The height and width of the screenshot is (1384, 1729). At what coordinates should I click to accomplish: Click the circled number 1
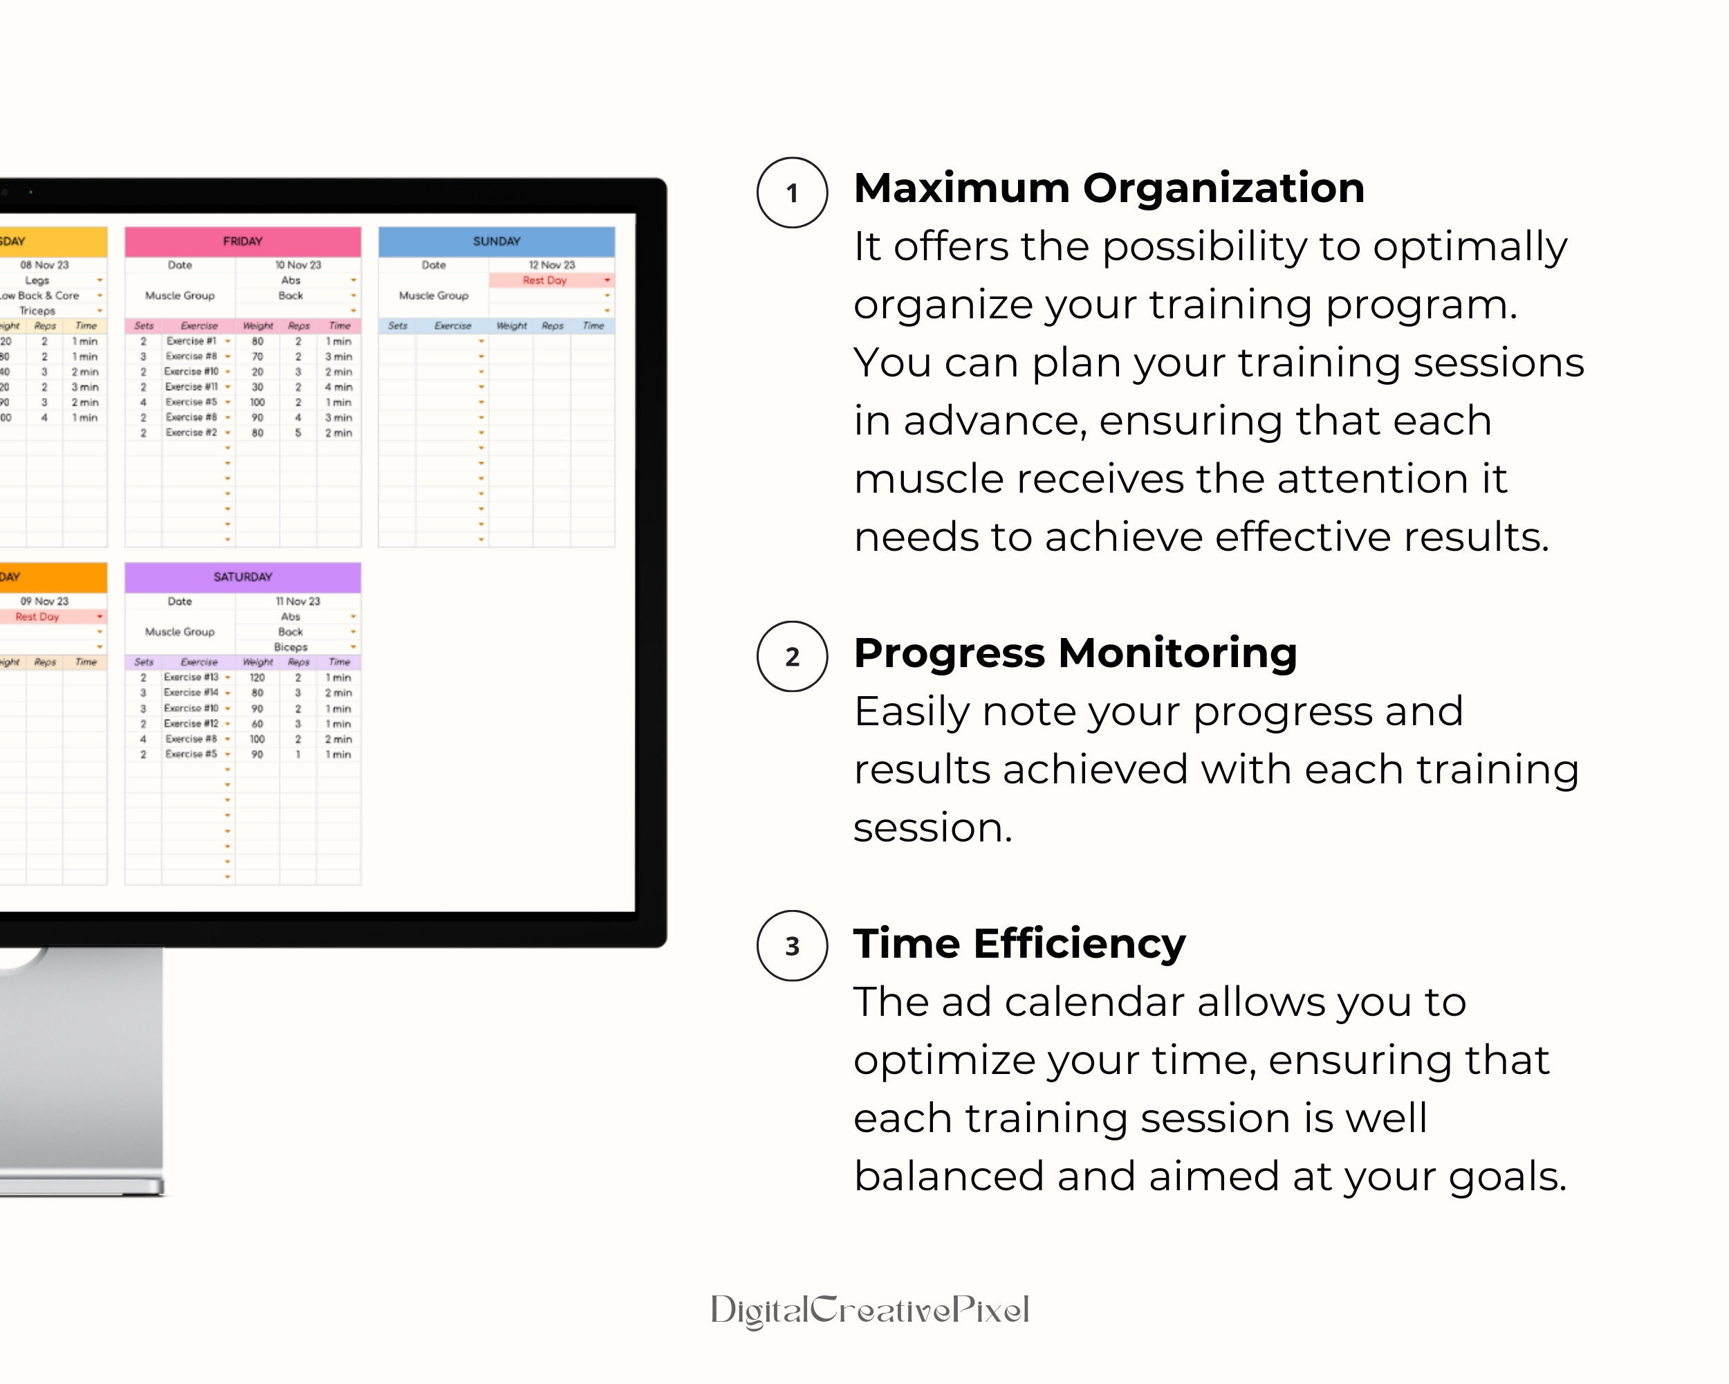tap(791, 192)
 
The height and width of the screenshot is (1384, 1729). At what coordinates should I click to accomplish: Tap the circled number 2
tap(791, 656)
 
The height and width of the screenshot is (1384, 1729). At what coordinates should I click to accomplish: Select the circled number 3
tap(791, 946)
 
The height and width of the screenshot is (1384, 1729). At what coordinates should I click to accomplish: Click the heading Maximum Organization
tap(1109, 188)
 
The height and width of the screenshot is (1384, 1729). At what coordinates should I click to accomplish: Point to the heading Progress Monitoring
tap(1075, 653)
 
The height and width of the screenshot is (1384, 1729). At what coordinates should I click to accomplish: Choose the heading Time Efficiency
tap(1019, 943)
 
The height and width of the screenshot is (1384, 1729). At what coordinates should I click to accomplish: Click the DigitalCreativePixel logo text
tap(869, 1310)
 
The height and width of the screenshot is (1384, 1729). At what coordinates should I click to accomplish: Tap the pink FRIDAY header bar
tap(242, 242)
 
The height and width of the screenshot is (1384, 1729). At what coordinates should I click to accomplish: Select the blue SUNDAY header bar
tap(497, 242)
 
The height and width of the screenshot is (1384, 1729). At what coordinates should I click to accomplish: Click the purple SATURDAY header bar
tap(242, 577)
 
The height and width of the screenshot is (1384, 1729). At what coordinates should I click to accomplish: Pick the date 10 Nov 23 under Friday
tap(297, 265)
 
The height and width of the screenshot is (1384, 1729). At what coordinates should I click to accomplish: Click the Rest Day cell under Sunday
tap(545, 280)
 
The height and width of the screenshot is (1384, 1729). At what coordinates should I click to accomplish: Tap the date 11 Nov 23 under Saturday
tap(297, 601)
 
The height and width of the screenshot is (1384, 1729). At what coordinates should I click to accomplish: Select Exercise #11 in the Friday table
tap(191, 387)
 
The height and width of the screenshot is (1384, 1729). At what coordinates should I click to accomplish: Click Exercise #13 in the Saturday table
tap(191, 677)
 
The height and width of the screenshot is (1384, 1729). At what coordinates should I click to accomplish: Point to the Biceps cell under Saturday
tap(290, 646)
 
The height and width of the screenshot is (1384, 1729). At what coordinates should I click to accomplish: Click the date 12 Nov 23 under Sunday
tap(552, 265)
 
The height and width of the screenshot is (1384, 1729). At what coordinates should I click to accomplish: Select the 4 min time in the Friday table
tap(338, 387)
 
